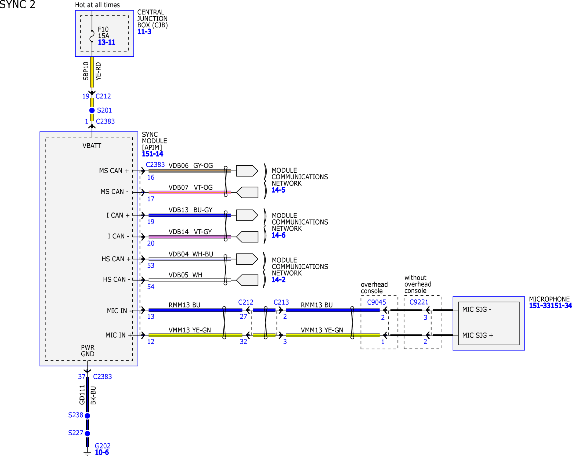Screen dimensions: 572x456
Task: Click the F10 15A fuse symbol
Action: pos(92,36)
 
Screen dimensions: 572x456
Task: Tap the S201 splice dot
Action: pos(92,110)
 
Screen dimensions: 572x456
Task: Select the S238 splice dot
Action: pos(87,416)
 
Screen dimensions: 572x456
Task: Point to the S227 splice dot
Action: pos(87,433)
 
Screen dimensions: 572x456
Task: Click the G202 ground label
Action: pos(103,446)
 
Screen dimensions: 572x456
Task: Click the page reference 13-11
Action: pos(107,42)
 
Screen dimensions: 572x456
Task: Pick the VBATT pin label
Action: pos(92,146)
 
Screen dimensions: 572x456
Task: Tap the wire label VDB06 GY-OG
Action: pos(191,165)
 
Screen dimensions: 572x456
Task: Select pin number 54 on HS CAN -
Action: pos(151,287)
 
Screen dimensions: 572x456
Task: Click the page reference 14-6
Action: pos(278,235)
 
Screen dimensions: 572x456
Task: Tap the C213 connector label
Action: pos(281,302)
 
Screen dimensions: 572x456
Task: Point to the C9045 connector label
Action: pos(376,302)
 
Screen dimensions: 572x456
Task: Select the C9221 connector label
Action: pos(419,302)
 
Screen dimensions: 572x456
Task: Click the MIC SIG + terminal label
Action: pos(478,335)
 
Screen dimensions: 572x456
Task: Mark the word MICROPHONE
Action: pos(549,299)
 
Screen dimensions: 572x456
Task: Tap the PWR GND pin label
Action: pos(88,351)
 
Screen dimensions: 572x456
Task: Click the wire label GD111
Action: pos(82,395)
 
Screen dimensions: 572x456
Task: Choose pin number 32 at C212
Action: pos(243,342)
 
